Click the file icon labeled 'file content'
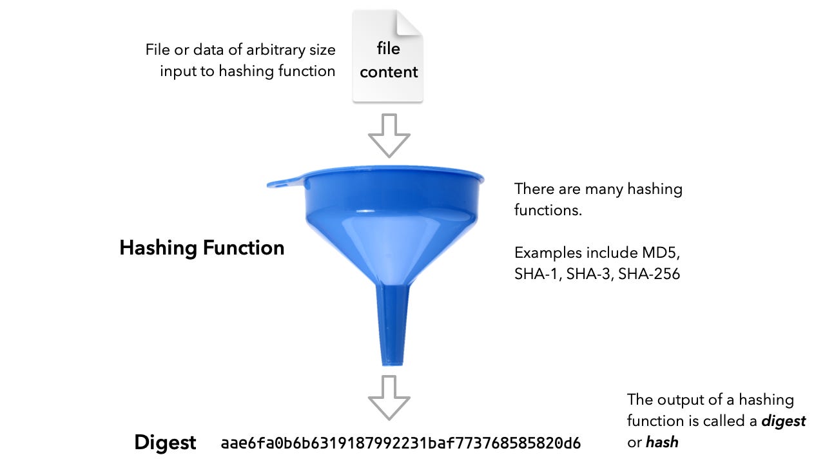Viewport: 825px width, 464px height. coord(388,58)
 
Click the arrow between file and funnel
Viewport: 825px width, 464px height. coord(389,135)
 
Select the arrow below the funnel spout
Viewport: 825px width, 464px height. coord(389,398)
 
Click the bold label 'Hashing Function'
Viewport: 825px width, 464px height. coord(202,248)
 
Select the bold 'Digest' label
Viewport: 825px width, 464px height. coord(165,443)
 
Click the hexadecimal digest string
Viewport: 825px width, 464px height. coord(400,443)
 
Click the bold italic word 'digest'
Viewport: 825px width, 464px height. coord(783,421)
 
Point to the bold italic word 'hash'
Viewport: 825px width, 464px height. coord(662,442)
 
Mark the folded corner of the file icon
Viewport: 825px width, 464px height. coord(410,24)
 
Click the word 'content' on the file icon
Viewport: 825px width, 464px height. coord(389,72)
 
